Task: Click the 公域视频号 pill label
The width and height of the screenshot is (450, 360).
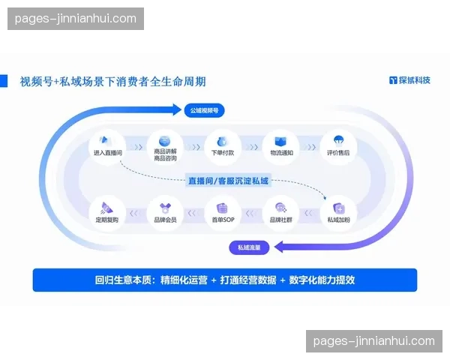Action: [204, 110]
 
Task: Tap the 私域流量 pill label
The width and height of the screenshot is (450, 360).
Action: [249, 247]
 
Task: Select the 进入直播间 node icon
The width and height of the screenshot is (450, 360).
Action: [107, 141]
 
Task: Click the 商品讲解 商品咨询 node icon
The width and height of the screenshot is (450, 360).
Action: [164, 141]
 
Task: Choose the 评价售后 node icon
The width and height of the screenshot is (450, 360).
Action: [337, 141]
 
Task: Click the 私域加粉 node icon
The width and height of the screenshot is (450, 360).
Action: [337, 209]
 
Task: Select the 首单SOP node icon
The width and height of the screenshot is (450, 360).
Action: [223, 209]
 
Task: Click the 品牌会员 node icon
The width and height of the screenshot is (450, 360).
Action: [164, 209]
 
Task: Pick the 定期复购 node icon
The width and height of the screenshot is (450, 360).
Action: [107, 209]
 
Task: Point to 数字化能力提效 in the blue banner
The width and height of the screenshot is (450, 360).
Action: [325, 280]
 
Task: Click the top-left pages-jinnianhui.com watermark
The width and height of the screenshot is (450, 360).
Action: [75, 18]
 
